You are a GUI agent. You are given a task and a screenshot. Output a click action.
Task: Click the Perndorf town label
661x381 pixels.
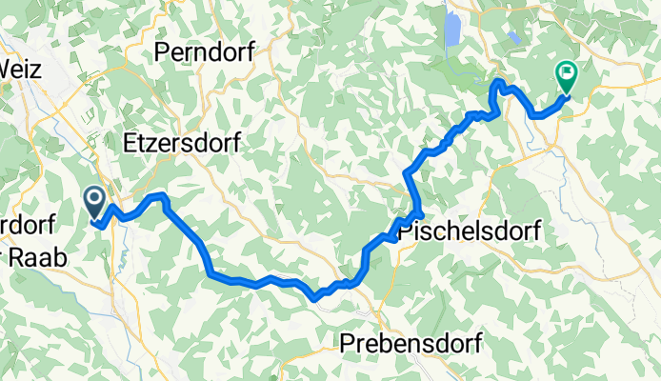[x=204, y=52]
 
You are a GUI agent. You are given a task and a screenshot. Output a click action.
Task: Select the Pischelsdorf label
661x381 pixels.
[x=469, y=231]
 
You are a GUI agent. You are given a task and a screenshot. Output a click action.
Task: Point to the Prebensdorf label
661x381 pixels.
[x=412, y=342]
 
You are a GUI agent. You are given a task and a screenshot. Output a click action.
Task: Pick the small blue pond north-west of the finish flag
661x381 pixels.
[x=514, y=37]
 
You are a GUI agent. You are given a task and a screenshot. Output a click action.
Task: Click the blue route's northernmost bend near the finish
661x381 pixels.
[x=497, y=84]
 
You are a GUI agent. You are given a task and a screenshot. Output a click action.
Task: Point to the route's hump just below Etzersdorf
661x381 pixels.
[x=157, y=196]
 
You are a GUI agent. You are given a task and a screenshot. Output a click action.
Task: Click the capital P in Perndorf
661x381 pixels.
[x=162, y=52]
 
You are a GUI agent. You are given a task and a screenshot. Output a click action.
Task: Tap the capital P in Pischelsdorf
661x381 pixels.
[x=405, y=231]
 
